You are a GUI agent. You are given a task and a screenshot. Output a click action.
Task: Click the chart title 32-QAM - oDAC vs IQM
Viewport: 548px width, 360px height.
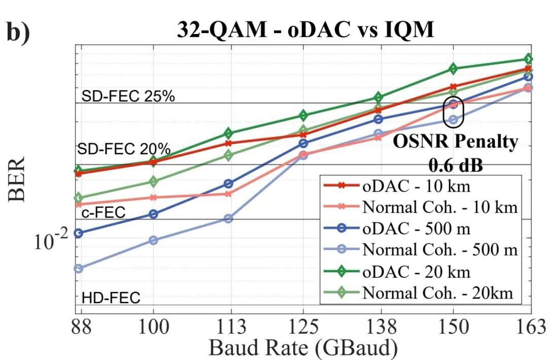tap(305, 30)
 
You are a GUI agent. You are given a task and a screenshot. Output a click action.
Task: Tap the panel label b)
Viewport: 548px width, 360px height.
tap(19, 31)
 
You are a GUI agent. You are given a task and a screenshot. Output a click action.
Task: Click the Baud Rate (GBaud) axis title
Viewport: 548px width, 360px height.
tap(303, 348)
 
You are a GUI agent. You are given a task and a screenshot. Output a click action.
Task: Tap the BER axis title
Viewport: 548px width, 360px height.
tap(17, 179)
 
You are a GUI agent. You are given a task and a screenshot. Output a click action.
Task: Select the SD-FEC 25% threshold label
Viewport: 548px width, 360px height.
tap(128, 96)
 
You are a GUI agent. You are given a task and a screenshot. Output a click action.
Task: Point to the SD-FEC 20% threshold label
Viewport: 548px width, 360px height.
tap(124, 149)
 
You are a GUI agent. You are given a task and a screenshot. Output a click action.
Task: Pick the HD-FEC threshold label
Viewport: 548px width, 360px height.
tap(111, 298)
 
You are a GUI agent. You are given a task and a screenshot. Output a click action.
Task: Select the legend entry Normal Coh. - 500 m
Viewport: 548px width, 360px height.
tap(439, 249)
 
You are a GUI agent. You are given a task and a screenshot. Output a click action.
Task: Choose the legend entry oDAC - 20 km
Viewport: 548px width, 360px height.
tap(416, 271)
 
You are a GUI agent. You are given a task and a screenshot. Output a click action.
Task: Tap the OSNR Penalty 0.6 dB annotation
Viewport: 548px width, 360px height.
tap(455, 152)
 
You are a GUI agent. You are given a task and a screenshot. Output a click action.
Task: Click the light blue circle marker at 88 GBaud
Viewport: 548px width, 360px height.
tap(78, 269)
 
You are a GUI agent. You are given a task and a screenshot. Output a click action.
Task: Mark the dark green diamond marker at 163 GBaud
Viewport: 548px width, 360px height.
tap(528, 59)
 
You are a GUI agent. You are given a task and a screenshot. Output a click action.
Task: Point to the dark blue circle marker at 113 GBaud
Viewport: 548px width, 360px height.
tap(228, 184)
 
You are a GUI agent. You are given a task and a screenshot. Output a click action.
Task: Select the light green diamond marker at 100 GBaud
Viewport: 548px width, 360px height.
tap(153, 182)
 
